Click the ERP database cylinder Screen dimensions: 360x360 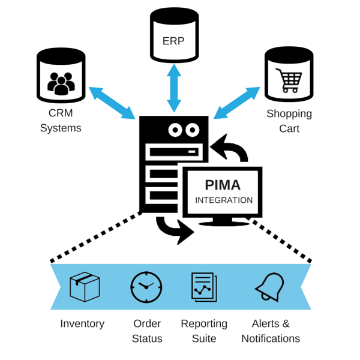[174, 36]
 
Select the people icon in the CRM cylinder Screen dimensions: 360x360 [61, 84]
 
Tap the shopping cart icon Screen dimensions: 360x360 [288, 80]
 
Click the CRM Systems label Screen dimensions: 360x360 [61, 120]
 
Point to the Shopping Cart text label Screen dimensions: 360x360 [289, 121]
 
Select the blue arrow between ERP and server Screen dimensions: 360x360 [174, 88]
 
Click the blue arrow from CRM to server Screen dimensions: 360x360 [112, 103]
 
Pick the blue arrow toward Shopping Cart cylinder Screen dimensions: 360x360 [237, 103]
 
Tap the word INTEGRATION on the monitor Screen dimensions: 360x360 [224, 200]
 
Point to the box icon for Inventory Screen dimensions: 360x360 [85, 287]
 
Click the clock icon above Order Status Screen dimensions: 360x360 [146, 287]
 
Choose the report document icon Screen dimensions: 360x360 [204, 287]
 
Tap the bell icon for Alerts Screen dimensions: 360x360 [269, 287]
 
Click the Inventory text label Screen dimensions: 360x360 [82, 323]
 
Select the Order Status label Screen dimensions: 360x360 [147, 331]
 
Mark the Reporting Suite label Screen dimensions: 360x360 [204, 331]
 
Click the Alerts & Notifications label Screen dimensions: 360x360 [271, 331]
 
